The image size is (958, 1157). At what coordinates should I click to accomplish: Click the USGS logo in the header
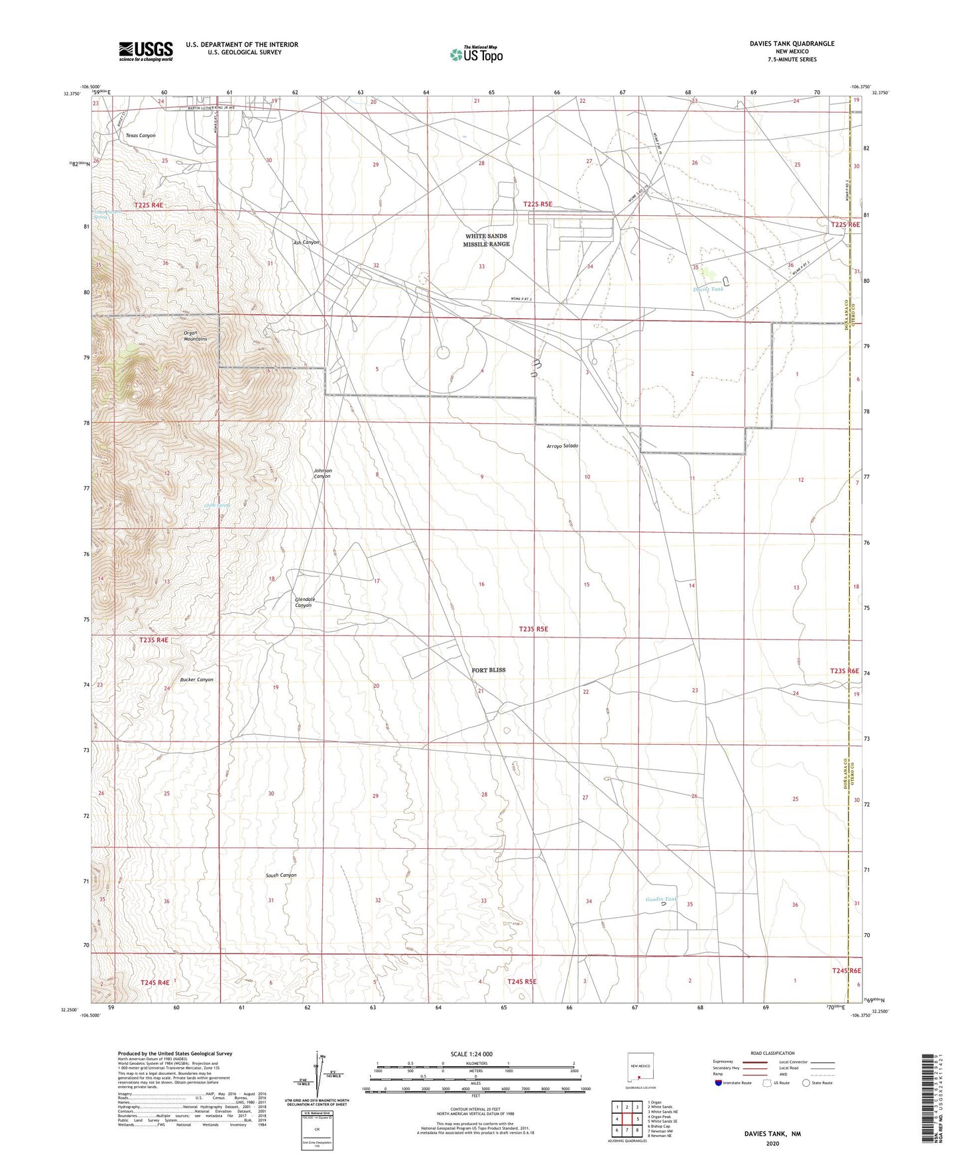click(146, 50)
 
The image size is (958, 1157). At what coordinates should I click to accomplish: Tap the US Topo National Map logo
click(476, 54)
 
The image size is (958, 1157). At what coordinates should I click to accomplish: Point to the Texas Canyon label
click(141, 135)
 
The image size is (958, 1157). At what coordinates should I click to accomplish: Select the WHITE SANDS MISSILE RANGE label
click(487, 240)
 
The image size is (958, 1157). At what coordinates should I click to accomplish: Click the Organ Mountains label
click(195, 336)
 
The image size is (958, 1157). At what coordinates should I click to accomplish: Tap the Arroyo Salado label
click(562, 446)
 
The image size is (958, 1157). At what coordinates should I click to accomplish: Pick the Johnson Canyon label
click(322, 473)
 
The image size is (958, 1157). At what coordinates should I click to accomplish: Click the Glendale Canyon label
click(303, 602)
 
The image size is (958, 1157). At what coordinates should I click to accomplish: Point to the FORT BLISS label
click(489, 670)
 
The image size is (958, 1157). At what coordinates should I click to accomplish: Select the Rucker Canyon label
click(197, 679)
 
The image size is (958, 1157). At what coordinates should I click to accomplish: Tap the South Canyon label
click(281, 875)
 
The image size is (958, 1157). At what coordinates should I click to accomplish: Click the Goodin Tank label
click(661, 899)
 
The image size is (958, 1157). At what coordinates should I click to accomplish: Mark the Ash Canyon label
click(306, 243)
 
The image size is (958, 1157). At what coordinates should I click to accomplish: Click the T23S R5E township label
click(534, 629)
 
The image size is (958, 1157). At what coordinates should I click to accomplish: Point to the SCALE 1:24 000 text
click(471, 1054)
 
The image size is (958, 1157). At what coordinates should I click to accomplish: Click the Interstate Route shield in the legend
click(719, 1083)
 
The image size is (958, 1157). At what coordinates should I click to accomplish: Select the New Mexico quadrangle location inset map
click(640, 1067)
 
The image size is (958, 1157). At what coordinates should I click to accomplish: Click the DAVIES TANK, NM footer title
click(772, 1134)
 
